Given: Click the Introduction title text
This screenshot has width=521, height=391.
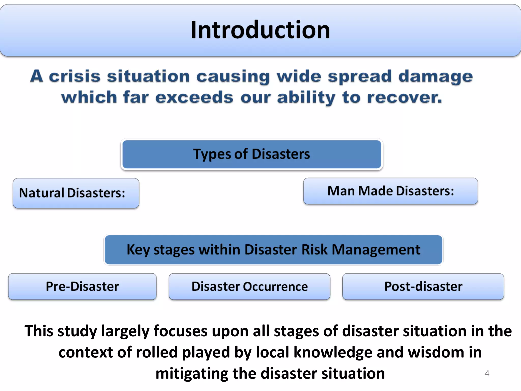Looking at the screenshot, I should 260,30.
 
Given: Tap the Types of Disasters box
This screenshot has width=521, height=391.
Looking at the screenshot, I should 252,154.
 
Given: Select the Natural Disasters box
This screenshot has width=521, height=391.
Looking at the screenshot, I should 76,193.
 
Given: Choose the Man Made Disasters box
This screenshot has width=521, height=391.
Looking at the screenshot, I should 390,191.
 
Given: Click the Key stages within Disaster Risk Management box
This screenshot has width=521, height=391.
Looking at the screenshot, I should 273,249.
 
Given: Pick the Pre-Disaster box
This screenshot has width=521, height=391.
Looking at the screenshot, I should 82,286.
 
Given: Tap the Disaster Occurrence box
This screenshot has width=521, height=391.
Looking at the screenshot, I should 249,286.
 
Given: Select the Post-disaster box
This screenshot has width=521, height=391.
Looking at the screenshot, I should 423,286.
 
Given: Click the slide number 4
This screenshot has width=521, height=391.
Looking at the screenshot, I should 487,373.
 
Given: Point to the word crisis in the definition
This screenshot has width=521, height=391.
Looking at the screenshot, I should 75,76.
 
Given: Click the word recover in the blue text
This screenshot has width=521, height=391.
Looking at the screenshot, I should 404,97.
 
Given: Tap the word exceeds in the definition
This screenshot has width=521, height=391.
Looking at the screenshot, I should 194,97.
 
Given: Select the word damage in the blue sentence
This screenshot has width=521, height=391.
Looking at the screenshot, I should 436,77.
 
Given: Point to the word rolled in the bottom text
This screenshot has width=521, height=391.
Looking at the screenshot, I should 156,352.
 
